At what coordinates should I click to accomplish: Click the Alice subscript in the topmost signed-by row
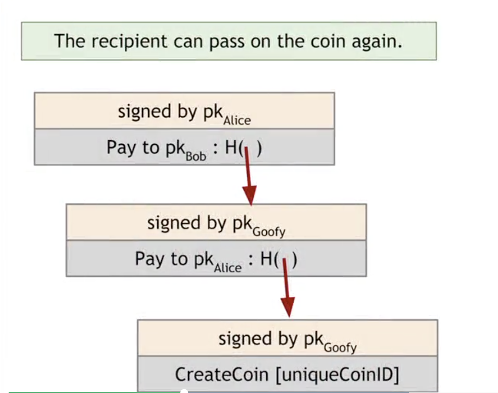point(237,120)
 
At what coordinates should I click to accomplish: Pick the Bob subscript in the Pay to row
point(196,156)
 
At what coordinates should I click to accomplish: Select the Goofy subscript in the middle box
point(269,232)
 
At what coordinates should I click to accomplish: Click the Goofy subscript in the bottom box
point(340,347)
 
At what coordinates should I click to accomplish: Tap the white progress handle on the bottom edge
point(183,392)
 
